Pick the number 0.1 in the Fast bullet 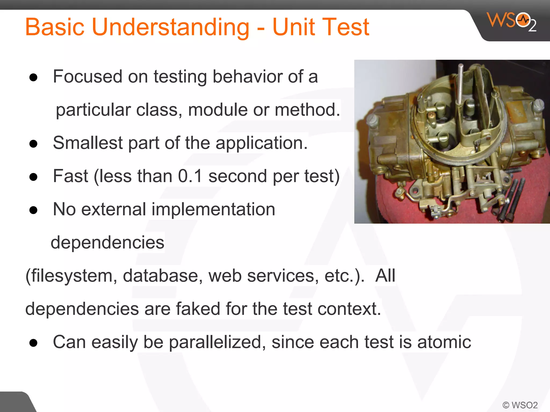tap(190, 176)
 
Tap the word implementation tap(213, 209)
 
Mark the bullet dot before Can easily tap(33, 343)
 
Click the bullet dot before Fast tap(33, 177)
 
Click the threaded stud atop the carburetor tap(460, 83)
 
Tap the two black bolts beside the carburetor tap(512, 200)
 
